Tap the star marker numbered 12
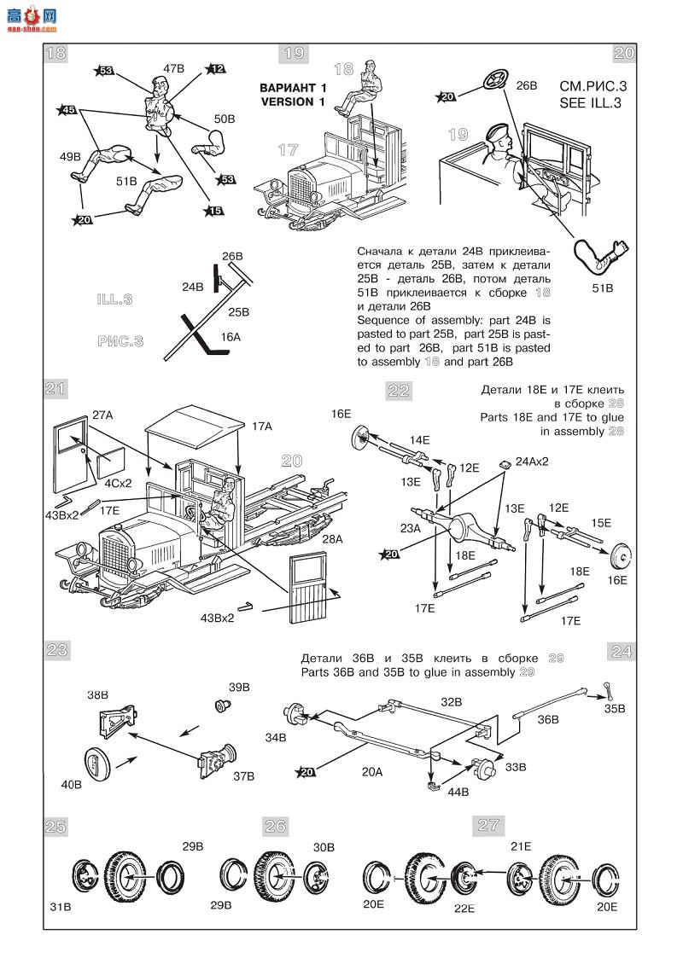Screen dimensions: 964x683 pos(214,69)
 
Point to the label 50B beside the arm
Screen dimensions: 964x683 pos(225,119)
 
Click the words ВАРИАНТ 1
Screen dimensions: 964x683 pos(293,88)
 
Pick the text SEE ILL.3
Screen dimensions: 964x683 pos(589,103)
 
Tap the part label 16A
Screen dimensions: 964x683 pos(231,337)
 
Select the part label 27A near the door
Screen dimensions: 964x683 pos(102,415)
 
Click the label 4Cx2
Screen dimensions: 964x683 pos(118,482)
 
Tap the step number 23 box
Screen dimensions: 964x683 pos(56,650)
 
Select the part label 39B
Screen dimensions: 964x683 pos(239,687)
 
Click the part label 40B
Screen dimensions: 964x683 pos(72,783)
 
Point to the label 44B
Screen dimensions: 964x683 pos(458,792)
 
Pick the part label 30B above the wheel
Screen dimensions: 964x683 pos(324,846)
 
